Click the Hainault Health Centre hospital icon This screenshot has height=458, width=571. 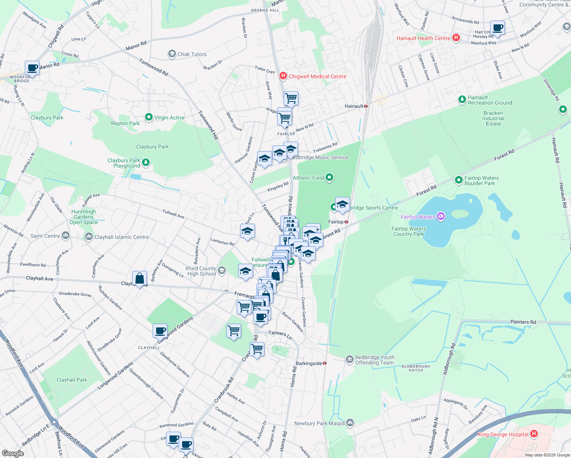click(x=456, y=38)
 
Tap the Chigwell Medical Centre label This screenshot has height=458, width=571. click(x=317, y=76)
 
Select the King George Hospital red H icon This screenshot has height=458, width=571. click(x=534, y=434)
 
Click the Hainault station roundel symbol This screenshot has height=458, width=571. click(x=366, y=106)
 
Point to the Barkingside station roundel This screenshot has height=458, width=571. click(x=324, y=363)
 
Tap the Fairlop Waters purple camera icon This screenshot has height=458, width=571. click(x=441, y=217)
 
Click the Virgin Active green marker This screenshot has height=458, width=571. click(x=149, y=118)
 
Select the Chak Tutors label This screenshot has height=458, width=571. click(x=192, y=54)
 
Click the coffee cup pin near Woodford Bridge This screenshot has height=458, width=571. click(x=32, y=68)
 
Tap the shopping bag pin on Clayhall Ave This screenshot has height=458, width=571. click(x=140, y=279)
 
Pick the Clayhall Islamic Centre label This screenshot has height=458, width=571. click(x=121, y=237)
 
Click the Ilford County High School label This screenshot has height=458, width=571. click(x=201, y=271)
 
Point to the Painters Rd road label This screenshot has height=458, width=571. click(x=523, y=322)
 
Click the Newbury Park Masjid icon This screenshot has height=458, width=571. click(x=350, y=423)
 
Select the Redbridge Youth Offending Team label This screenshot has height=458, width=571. click(x=374, y=360)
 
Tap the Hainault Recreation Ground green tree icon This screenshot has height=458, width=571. click(x=462, y=100)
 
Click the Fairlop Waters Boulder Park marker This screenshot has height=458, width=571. click(x=459, y=180)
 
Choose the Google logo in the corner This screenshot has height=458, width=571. click(x=13, y=453)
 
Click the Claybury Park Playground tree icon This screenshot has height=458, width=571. click(x=146, y=163)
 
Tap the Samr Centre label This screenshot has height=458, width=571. click(x=45, y=236)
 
